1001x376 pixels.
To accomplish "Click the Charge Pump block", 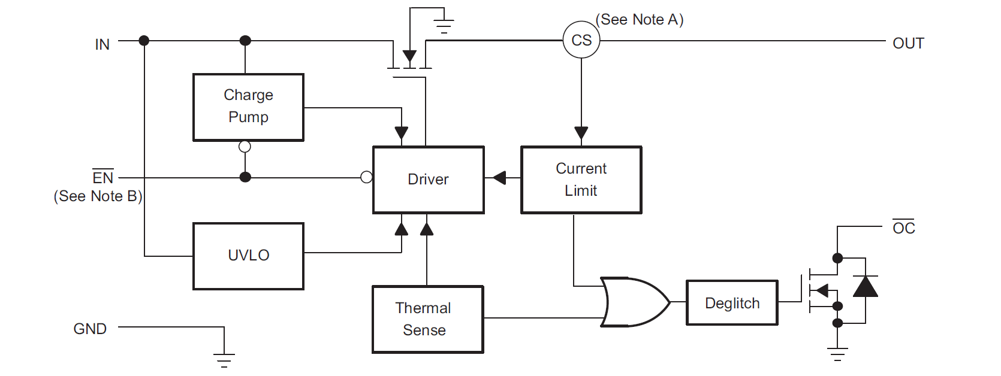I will (x=248, y=107).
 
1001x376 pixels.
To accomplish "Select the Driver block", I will (x=428, y=180).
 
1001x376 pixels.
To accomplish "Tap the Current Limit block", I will (x=581, y=180).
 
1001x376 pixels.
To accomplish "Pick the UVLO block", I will (x=248, y=256).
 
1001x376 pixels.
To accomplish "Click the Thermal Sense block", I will (x=427, y=319).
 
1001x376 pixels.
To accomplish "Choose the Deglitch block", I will (x=732, y=303).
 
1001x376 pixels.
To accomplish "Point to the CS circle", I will (x=581, y=40).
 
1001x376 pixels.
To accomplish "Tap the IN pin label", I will (x=102, y=44).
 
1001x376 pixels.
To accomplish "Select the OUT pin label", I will (x=908, y=43).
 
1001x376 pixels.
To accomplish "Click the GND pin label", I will (x=90, y=329).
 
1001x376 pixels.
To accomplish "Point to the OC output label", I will (x=903, y=228).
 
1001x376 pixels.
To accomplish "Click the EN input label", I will (x=102, y=177).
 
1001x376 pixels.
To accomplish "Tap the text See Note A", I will (x=640, y=20).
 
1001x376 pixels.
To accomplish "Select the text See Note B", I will (x=98, y=196).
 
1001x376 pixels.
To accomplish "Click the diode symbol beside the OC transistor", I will (x=865, y=287).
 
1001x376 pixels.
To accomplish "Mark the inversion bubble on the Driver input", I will (x=366, y=177).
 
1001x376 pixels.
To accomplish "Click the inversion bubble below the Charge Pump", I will (x=245, y=147).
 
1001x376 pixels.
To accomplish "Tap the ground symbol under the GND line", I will (x=224, y=359).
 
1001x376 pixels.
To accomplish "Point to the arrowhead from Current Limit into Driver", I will (x=499, y=178).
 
